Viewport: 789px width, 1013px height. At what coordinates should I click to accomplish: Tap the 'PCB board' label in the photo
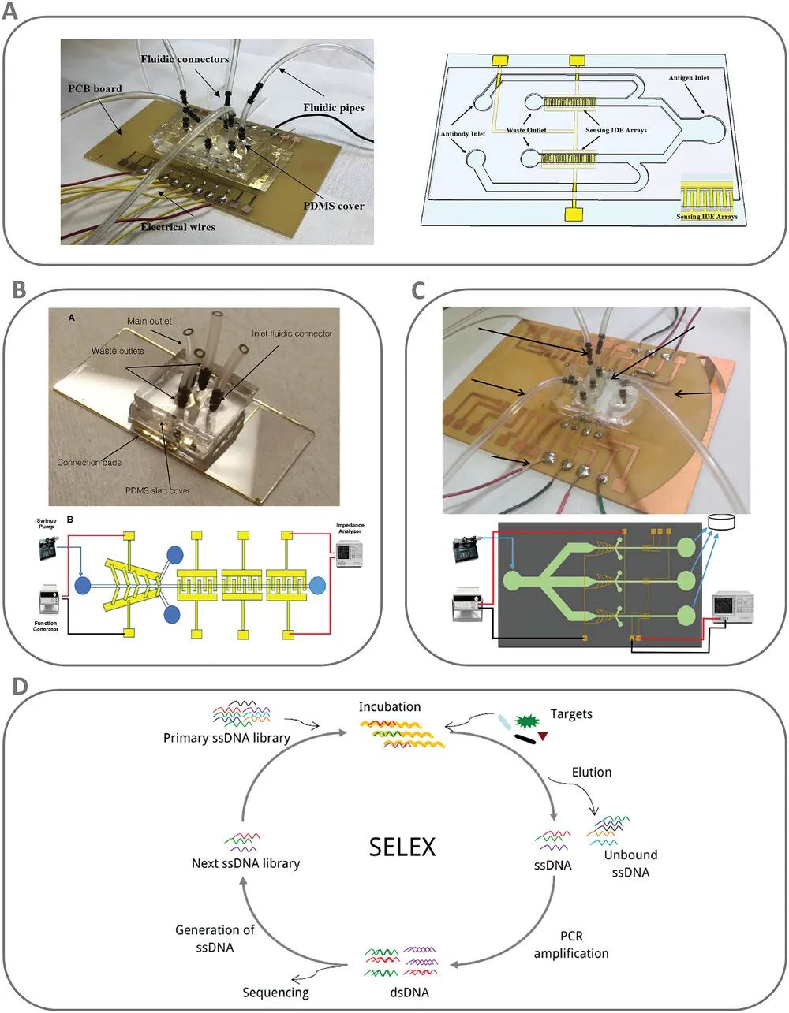pyautogui.click(x=95, y=88)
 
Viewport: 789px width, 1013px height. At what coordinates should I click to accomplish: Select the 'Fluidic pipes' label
pyautogui.click(x=335, y=107)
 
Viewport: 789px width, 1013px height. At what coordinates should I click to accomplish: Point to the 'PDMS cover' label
pyautogui.click(x=335, y=206)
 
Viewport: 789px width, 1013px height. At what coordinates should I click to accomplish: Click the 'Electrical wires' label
pyautogui.click(x=178, y=227)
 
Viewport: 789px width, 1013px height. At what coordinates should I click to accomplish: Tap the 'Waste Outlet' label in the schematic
pyautogui.click(x=526, y=130)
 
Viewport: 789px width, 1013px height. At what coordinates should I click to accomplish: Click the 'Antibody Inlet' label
pyautogui.click(x=463, y=134)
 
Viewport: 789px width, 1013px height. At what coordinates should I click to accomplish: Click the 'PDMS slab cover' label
pyautogui.click(x=158, y=490)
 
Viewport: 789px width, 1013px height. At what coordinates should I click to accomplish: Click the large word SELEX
pyautogui.click(x=402, y=847)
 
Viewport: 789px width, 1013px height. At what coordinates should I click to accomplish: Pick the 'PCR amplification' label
pyautogui.click(x=571, y=945)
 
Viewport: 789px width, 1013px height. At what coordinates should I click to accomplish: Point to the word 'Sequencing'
pyautogui.click(x=275, y=993)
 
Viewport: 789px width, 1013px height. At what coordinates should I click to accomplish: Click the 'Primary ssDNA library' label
pyautogui.click(x=227, y=738)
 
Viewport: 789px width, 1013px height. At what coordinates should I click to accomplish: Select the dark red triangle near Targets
pyautogui.click(x=543, y=736)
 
